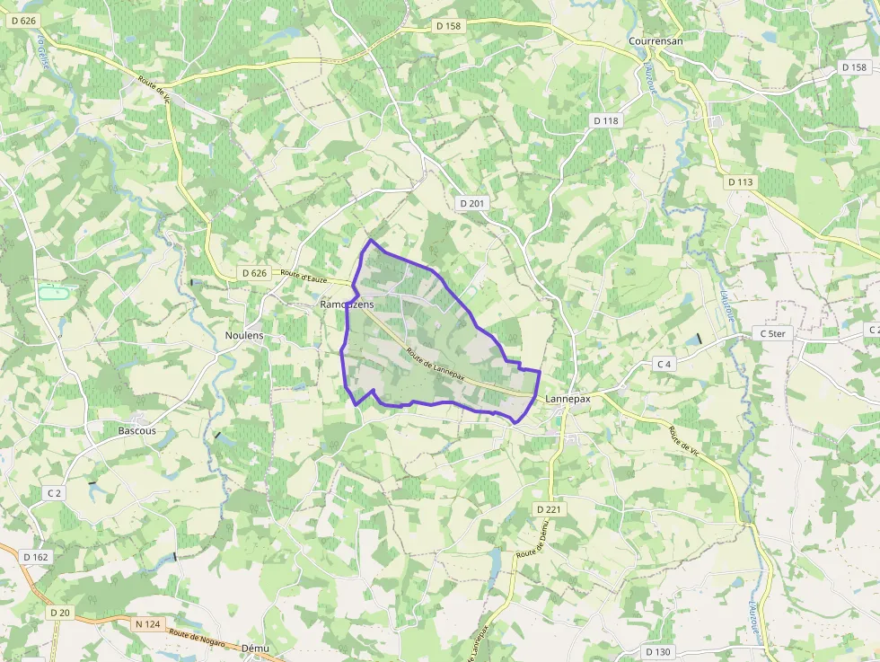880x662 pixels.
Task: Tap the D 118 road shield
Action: pyautogui.click(x=606, y=120)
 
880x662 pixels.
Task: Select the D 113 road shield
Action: pyautogui.click(x=740, y=181)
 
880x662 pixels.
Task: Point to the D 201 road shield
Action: pyautogui.click(x=471, y=204)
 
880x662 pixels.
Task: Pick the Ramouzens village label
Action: pyautogui.click(x=347, y=305)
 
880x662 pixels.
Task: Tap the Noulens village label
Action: pyautogui.click(x=244, y=335)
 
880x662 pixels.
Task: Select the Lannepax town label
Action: pyautogui.click(x=567, y=399)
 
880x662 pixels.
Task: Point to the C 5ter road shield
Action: pyautogui.click(x=772, y=334)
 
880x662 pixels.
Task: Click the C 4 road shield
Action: pyautogui.click(x=664, y=364)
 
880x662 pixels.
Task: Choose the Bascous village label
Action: pyautogui.click(x=137, y=430)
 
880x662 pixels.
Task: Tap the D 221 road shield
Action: pyautogui.click(x=548, y=509)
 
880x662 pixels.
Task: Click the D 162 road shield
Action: pyautogui.click(x=36, y=557)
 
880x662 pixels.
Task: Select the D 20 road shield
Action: pyautogui.click(x=59, y=613)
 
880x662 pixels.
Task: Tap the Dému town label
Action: pyautogui.click(x=256, y=648)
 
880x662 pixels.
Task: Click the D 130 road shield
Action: pyautogui.click(x=658, y=651)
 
